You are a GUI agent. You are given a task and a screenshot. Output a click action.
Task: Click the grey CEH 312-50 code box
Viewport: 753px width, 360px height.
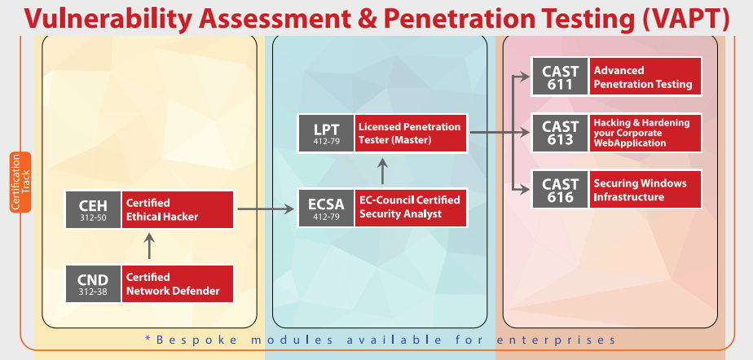click(x=94, y=209)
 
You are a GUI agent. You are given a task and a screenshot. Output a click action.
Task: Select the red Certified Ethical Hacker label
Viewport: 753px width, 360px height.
click(x=178, y=209)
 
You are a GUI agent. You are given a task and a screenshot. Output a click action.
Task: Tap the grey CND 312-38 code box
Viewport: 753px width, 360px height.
click(x=94, y=283)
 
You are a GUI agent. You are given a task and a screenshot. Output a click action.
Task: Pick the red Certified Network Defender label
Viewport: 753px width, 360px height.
click(x=178, y=283)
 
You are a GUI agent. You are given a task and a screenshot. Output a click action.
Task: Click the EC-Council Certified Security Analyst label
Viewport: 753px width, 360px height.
click(x=412, y=209)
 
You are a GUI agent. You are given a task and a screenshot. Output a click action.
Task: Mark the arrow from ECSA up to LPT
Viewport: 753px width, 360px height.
click(x=382, y=170)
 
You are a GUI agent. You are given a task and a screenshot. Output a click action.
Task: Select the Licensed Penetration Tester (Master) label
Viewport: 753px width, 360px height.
click(x=412, y=133)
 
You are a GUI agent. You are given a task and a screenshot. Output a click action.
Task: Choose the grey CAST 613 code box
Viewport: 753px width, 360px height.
click(x=561, y=132)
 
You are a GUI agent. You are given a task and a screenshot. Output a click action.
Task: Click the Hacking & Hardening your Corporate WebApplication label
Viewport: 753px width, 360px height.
click(x=646, y=132)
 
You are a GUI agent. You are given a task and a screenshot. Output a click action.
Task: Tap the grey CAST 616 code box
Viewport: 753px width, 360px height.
click(x=561, y=189)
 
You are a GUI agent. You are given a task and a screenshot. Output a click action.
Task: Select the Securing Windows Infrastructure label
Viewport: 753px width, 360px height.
click(x=646, y=189)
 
